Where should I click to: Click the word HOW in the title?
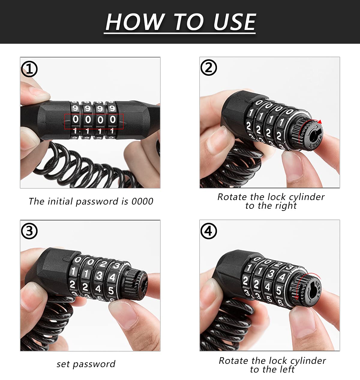pos(135,22)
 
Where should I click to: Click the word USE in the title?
pos(235,22)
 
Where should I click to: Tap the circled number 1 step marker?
pos(29,69)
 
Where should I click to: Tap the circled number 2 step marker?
pos(208,67)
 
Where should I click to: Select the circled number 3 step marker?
pos(29,231)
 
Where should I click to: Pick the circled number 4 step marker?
pos(208,231)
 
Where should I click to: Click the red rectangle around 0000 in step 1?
pos(94,114)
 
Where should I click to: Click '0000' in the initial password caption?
pos(142,202)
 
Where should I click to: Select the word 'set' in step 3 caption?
pos(63,364)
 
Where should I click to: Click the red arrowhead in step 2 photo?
pos(320,122)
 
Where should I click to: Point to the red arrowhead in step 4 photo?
pos(296,298)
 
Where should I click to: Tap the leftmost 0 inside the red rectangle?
pos(76,119)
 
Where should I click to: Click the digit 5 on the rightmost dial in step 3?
pos(111,290)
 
